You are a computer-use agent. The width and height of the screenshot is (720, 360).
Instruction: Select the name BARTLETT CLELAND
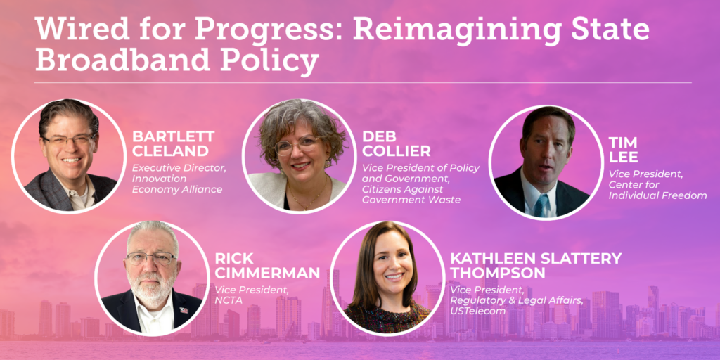click(x=173, y=143)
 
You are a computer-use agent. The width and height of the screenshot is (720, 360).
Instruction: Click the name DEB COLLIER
click(x=397, y=143)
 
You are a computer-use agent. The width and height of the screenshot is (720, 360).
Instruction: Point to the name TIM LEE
click(x=623, y=150)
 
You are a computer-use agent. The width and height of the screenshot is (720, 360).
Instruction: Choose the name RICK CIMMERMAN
click(x=267, y=266)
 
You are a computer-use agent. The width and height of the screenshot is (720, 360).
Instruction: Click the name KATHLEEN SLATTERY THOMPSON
click(x=536, y=266)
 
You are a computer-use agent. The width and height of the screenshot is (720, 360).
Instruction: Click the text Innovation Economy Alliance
click(x=177, y=184)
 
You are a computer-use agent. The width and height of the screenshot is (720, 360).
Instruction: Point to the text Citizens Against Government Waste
click(x=411, y=194)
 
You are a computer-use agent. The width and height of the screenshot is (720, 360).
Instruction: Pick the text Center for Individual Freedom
click(x=657, y=190)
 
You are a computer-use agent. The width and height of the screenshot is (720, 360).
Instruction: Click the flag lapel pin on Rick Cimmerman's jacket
click(x=184, y=310)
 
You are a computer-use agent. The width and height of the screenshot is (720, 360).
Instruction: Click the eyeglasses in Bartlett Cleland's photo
click(x=70, y=140)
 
